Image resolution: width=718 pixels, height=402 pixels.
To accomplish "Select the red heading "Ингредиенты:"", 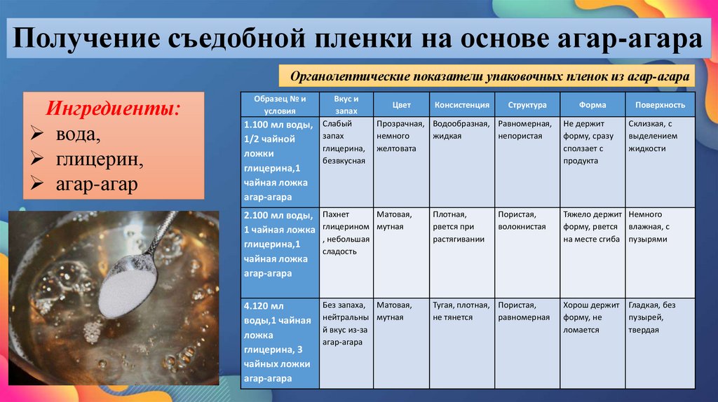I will point(112,109).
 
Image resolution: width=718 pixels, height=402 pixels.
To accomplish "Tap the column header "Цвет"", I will point(401,105).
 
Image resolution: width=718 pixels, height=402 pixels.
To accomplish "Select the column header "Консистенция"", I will point(461,105).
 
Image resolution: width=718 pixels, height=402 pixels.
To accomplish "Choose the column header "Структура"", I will point(527,105).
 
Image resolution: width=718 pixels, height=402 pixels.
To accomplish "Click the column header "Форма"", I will point(592,105).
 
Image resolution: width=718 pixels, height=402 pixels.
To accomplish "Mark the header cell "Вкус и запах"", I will point(346,105).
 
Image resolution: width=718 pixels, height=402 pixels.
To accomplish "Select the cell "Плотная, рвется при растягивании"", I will point(457,227).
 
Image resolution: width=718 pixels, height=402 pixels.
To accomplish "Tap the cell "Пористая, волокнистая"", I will point(522,221).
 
